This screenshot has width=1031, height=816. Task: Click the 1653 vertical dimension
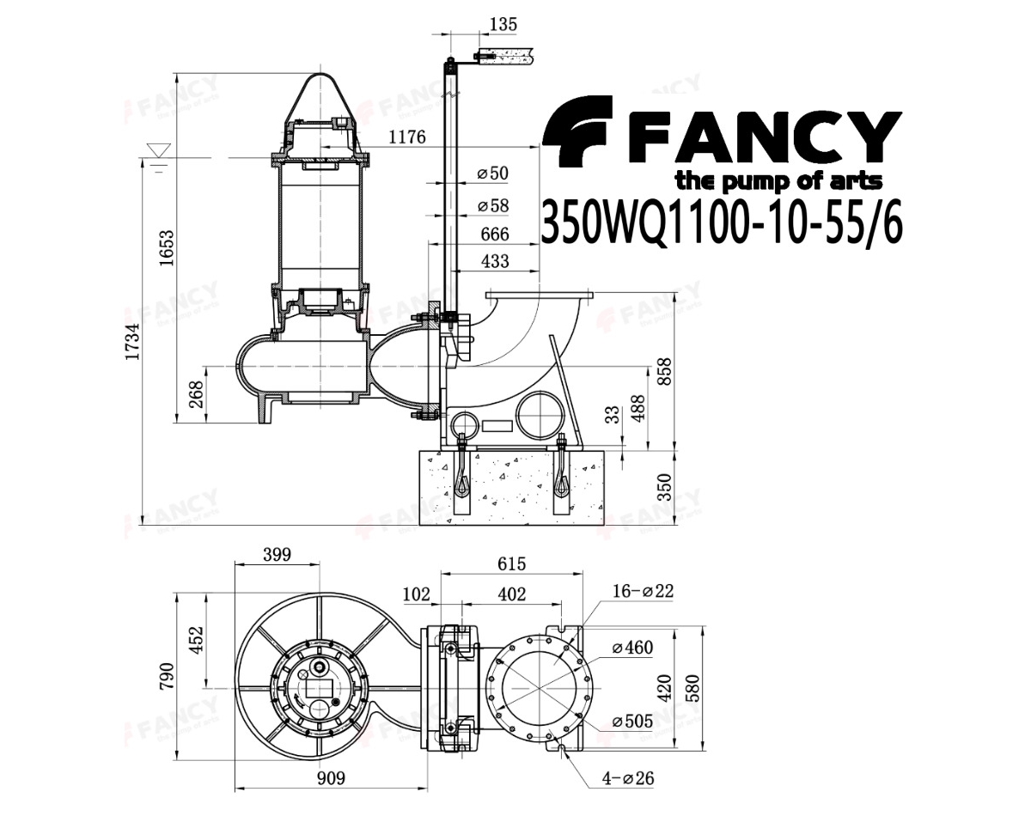pos(166,248)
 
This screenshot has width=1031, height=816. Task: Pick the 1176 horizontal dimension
pos(406,137)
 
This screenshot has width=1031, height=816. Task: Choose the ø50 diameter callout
pos(493,174)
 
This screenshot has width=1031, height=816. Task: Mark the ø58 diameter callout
pos(493,206)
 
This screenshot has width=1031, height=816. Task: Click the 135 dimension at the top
pos(504,24)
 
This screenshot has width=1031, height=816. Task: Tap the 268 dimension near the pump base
pos(196,394)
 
